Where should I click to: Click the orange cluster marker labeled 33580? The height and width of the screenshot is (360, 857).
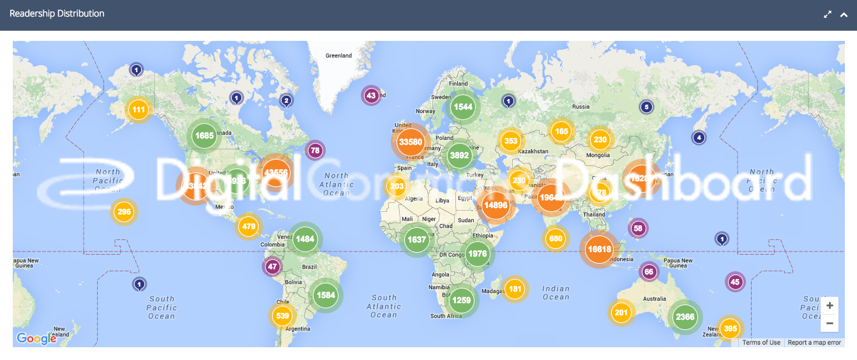pos(410,142)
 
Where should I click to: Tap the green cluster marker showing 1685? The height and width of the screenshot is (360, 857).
pos(204,135)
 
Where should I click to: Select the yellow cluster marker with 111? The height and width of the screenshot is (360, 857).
pos(138,110)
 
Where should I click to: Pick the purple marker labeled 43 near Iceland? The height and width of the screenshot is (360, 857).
pos(371,96)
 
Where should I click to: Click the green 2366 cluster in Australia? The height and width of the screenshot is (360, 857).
pos(685,317)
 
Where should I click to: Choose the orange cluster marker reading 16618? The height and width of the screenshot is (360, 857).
pos(599,249)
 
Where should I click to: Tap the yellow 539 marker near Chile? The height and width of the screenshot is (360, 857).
pos(282,315)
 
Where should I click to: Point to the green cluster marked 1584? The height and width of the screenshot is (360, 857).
pos(325,295)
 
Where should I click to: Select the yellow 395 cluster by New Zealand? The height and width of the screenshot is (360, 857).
pos(730,329)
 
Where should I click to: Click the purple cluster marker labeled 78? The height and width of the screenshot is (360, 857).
pos(315,151)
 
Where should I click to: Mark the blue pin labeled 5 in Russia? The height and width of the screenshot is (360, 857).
pos(646,107)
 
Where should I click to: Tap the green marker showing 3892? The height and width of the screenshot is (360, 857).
pos(459,154)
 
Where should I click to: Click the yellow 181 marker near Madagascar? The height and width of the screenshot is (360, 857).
pos(515,289)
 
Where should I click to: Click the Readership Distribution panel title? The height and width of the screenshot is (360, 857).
pos(57,13)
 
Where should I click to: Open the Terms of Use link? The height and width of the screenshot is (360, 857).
pos(761,343)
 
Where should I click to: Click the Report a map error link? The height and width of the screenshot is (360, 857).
pos(814,343)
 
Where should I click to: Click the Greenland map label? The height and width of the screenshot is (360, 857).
pos(338,56)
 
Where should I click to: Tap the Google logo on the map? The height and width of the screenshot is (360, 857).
pos(36,338)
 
